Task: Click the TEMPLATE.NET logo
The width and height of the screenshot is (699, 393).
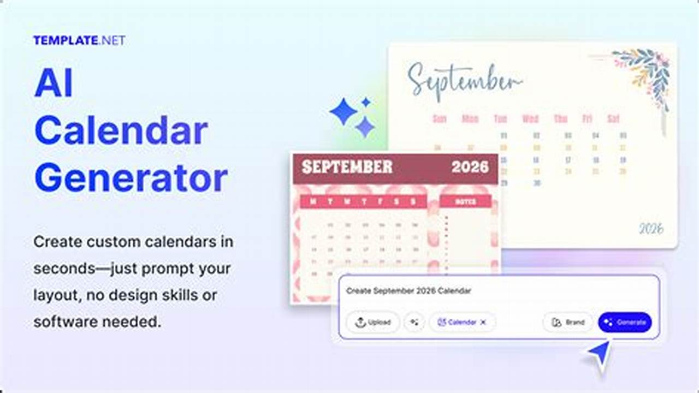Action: pos(79,40)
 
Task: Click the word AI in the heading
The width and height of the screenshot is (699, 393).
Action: pos(54,84)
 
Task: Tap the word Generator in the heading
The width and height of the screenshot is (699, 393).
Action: pos(131,178)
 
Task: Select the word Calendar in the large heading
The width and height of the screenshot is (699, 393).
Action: pos(121,131)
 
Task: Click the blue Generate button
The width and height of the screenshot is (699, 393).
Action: pos(625,322)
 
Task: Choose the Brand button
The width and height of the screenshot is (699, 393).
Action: pos(568,322)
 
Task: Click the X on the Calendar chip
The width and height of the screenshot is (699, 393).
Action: pos(483,322)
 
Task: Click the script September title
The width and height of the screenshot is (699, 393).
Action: pos(464,80)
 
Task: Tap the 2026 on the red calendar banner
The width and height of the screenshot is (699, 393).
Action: pos(470,167)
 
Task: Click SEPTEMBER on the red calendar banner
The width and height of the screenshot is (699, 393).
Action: pos(347,167)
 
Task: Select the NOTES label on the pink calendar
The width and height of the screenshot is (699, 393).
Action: pos(466,202)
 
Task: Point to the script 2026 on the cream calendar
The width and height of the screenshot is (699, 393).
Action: pos(651,228)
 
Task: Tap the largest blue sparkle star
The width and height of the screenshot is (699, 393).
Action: pos(343,112)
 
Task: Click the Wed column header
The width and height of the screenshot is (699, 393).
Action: pos(530,118)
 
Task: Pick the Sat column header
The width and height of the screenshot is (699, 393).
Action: pos(614,118)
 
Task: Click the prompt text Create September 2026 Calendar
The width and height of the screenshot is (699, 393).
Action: pos(408,291)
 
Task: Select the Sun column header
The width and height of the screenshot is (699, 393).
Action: pos(440,118)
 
